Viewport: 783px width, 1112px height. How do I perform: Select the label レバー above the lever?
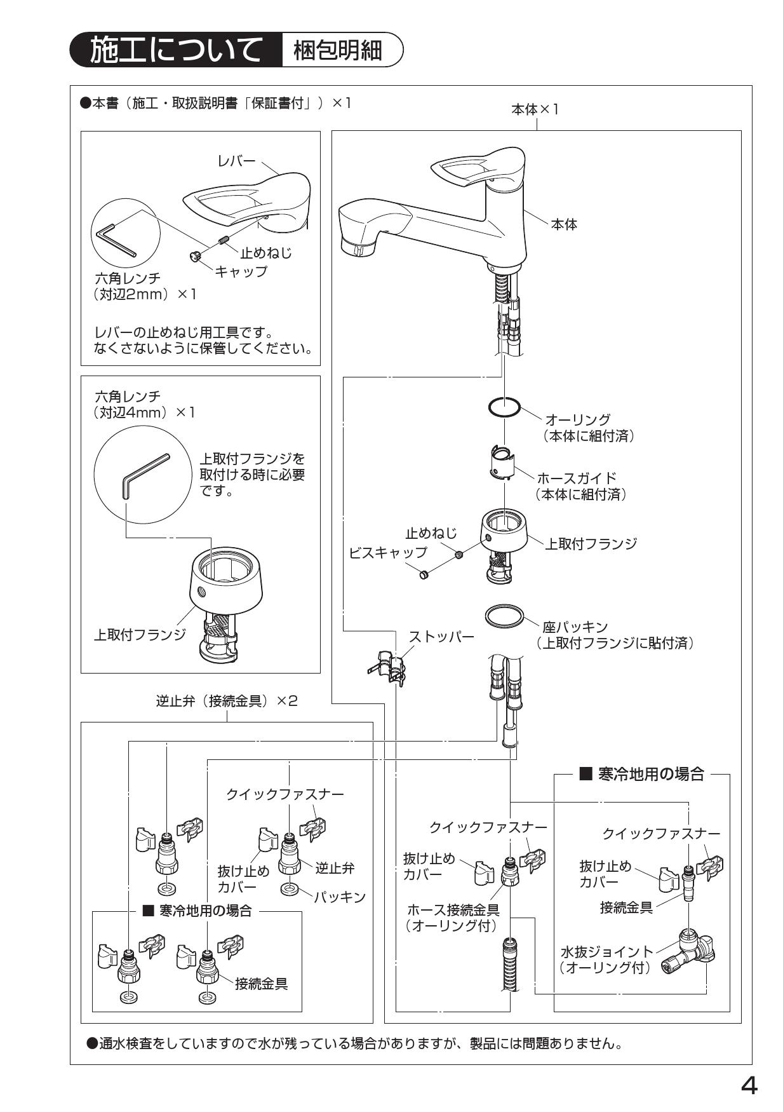tap(236, 161)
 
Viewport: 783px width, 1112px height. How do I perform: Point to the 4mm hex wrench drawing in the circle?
tap(145, 475)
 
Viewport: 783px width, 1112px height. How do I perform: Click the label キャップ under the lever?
tap(241, 272)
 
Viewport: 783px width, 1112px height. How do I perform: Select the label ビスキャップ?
tap(388, 552)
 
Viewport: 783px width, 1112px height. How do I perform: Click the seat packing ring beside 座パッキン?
tap(504, 616)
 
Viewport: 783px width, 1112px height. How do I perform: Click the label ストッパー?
tap(441, 636)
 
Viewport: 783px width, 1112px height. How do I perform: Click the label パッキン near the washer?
tap(340, 897)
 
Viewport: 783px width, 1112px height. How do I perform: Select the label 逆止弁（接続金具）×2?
tap(227, 701)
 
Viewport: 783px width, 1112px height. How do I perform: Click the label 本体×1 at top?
tap(535, 109)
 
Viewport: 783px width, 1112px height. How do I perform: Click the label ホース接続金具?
tap(453, 909)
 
